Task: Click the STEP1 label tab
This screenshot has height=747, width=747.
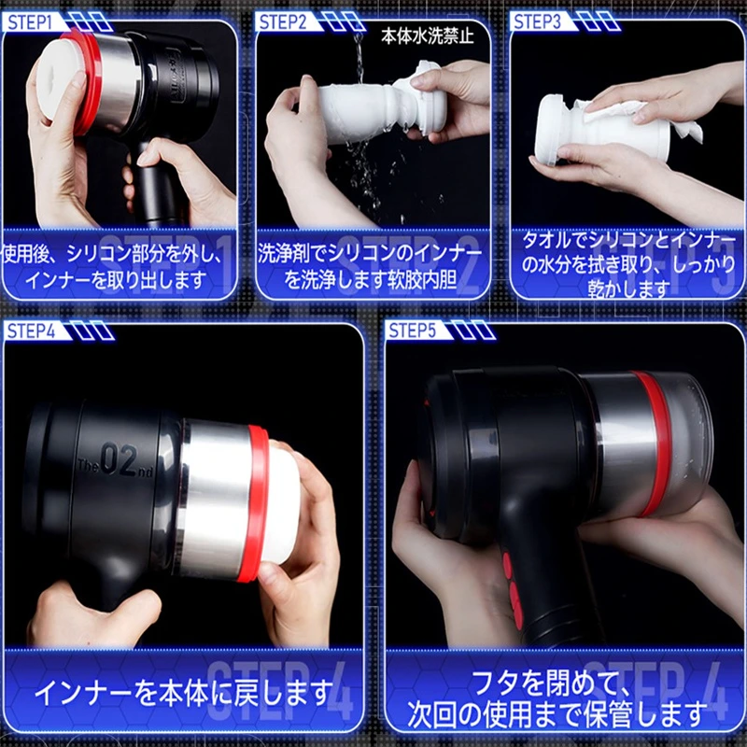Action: pos(30,22)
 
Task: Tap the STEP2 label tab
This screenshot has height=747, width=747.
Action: pos(283,22)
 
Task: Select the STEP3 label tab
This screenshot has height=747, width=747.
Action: pos(538,22)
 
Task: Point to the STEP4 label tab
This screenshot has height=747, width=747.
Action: pos(32,331)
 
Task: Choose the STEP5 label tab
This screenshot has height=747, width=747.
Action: pos(413,331)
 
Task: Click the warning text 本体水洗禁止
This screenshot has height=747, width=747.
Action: pos(428,36)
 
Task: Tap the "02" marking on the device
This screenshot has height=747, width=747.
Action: pos(120,459)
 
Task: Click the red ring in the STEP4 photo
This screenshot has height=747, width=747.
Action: pos(259,502)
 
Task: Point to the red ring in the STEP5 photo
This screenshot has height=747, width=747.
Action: pos(656,443)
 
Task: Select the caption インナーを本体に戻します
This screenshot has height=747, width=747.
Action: pos(183,693)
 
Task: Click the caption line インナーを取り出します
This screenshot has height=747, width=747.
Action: pos(116,279)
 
